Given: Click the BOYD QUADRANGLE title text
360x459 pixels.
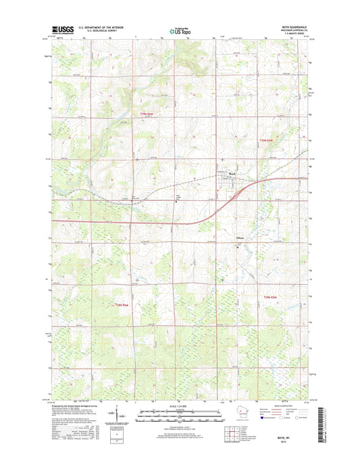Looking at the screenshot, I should pos(293,26).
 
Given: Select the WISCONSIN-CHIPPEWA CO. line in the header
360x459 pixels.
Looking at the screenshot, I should pos(292,30).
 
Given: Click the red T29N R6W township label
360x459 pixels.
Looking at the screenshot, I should pos(147,114).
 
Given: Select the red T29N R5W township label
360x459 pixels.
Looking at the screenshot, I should pos(269,140).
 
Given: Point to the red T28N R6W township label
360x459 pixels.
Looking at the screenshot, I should pos(122,304).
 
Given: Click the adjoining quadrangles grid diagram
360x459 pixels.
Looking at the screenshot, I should pos(226,431).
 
